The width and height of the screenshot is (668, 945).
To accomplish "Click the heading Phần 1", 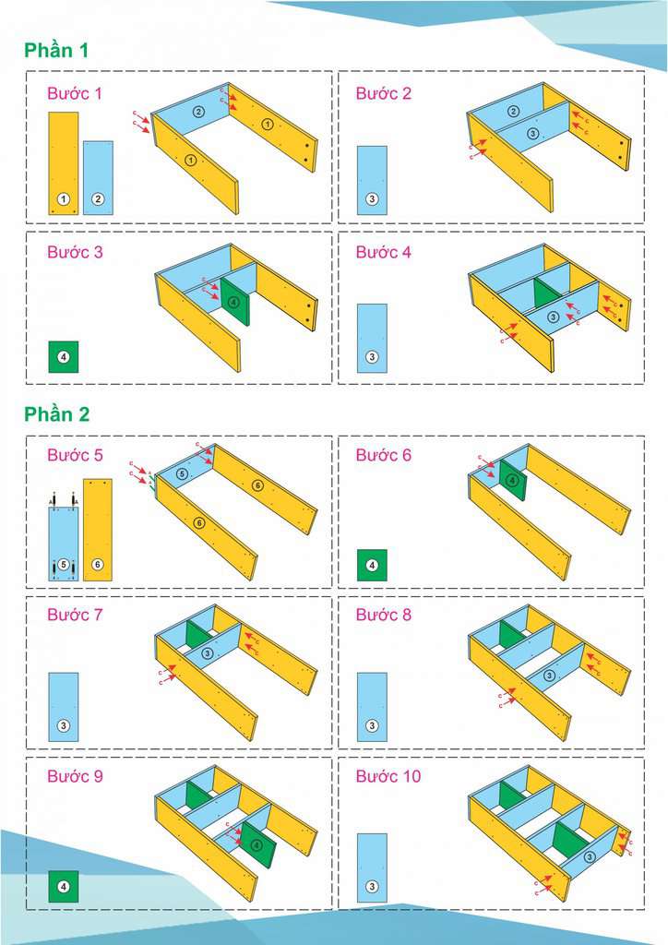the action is (56, 50).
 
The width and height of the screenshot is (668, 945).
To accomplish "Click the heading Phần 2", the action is (56, 414).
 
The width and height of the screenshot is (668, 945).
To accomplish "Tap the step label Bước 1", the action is (75, 93).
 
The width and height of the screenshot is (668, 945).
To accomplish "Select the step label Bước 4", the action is (383, 252).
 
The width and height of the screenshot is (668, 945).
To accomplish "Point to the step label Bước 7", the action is (75, 615).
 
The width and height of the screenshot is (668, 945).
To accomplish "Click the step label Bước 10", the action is (388, 775).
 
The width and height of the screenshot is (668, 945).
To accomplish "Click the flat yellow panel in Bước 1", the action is (64, 163).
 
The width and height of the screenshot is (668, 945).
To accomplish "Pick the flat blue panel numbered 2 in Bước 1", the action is (98, 178).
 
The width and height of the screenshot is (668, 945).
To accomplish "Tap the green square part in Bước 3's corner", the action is (64, 357).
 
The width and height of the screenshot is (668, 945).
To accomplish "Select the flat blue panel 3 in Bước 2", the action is (372, 180).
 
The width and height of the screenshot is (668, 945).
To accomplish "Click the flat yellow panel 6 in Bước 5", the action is (98, 530).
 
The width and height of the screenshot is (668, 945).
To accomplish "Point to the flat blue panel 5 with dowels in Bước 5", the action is (64, 543).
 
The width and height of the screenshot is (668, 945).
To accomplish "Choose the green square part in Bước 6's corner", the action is (372, 566).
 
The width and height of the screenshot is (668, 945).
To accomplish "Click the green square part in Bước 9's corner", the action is (64, 887).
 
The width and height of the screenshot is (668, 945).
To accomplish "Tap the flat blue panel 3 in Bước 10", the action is (372, 867).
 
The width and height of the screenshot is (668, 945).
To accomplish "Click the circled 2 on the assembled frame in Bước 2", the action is (513, 112).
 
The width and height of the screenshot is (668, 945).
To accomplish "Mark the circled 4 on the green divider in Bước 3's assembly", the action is (233, 303).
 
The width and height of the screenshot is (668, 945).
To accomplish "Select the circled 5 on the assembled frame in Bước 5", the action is (182, 474).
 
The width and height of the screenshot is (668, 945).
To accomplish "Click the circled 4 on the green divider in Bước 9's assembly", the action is (256, 845).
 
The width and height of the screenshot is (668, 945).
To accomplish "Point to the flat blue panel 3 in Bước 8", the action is (372, 707).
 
